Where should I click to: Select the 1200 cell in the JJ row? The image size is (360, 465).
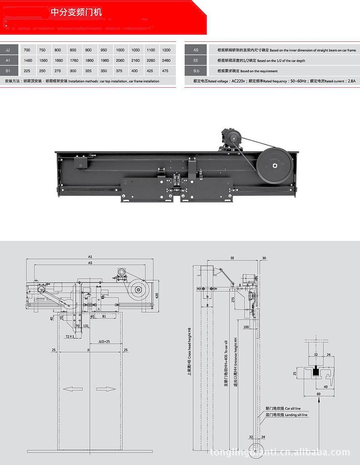click(x=166, y=50)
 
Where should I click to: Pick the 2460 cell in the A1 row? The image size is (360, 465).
click(x=166, y=60)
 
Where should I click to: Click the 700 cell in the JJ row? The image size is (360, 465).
click(x=28, y=50)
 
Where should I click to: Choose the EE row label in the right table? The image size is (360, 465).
click(x=196, y=60)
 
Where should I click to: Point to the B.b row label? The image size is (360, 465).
click(x=196, y=71)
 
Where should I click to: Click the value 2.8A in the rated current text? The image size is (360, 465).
click(x=350, y=81)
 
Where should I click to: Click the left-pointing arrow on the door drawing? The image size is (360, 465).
click(x=73, y=389)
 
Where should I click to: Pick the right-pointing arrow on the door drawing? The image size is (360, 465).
click(x=106, y=389)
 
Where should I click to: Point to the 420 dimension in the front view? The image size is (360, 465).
click(x=157, y=295)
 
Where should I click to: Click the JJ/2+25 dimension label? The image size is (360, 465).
click(x=104, y=341)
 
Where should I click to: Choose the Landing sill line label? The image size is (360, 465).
click(x=286, y=415)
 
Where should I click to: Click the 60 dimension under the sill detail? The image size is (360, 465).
click(x=319, y=394)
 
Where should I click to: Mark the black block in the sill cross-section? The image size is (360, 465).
click(x=315, y=372)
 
